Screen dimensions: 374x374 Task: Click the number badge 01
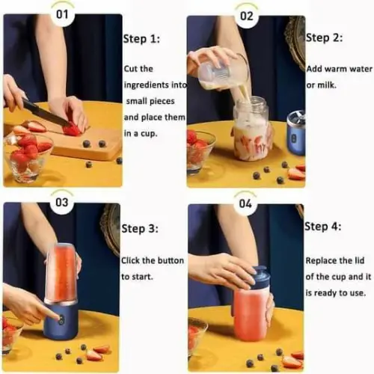click(62, 14)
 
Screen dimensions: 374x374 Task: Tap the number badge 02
click(246, 16)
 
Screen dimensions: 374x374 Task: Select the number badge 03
click(62, 202)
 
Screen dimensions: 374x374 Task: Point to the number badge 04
click(245, 203)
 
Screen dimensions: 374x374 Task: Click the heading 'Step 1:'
click(141, 39)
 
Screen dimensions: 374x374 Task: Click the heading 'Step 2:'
click(324, 38)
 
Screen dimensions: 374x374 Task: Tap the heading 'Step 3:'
click(140, 229)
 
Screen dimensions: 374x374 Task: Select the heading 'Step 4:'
click(322, 227)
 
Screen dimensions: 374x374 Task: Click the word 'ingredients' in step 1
click(147, 85)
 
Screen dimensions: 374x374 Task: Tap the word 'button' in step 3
click(171, 260)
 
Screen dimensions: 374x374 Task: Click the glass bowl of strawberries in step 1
click(28, 156)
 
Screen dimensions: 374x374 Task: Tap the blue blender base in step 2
click(297, 137)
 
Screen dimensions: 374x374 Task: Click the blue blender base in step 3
click(61, 321)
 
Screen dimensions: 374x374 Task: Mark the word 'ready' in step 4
click(325, 293)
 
